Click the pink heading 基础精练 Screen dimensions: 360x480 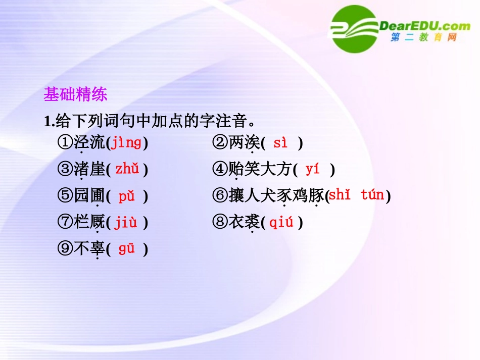click(x=75, y=94)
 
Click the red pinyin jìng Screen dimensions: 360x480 click(x=126, y=143)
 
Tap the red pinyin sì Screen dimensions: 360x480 click(x=280, y=143)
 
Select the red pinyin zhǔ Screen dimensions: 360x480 click(x=127, y=169)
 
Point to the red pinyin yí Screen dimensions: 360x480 click(x=313, y=169)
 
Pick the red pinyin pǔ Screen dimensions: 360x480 click(x=126, y=196)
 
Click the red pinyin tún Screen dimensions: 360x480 click(x=372, y=195)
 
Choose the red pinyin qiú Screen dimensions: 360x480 click(x=281, y=222)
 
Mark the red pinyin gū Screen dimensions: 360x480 click(x=126, y=248)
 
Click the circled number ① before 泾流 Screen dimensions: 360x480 click(x=65, y=143)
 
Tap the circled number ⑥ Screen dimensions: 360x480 click(x=220, y=196)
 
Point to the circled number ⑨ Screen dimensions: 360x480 click(x=65, y=249)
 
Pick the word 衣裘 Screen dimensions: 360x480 click(x=245, y=222)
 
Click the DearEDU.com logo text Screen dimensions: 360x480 click(x=423, y=26)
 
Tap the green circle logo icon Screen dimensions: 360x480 click(x=353, y=29)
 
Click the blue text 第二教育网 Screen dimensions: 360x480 click(x=423, y=38)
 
